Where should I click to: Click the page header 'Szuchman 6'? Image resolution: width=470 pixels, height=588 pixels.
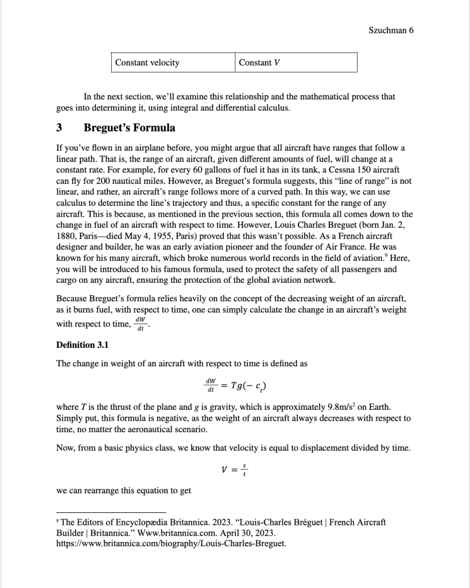391,30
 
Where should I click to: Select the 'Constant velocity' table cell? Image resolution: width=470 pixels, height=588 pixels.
147,63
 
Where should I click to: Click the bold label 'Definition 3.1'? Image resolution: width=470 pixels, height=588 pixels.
83,345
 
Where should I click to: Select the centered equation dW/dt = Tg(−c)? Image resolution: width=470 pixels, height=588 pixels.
235,383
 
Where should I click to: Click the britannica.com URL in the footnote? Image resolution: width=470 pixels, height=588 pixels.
171,543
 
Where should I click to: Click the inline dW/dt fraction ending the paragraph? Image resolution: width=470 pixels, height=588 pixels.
140,324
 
